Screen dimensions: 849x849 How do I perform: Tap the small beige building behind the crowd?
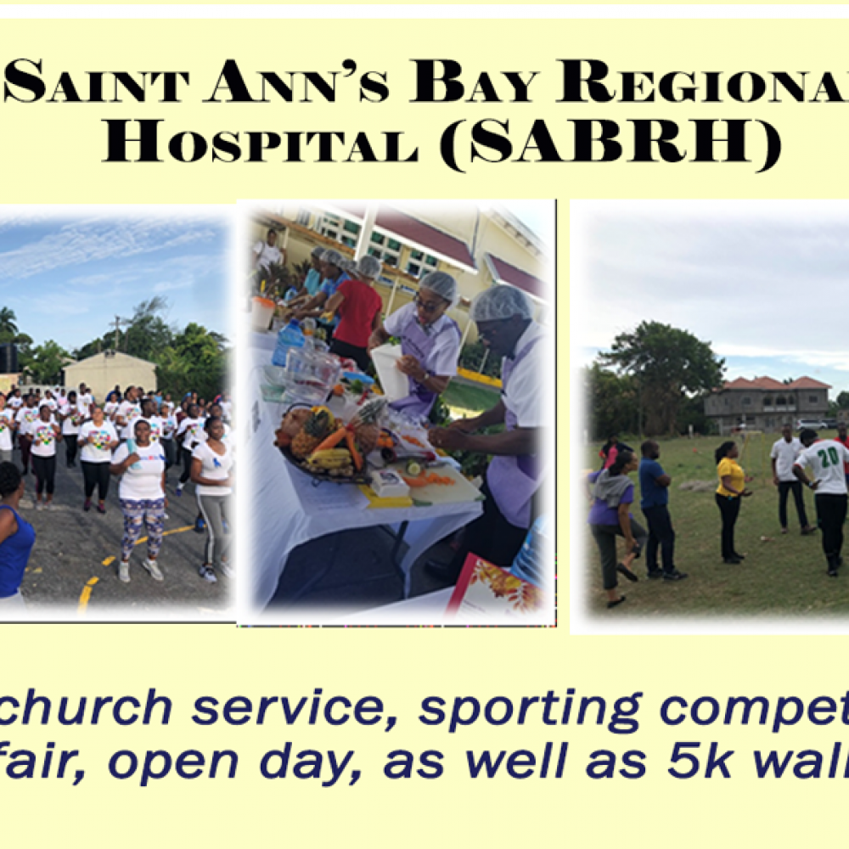[x=110, y=374]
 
